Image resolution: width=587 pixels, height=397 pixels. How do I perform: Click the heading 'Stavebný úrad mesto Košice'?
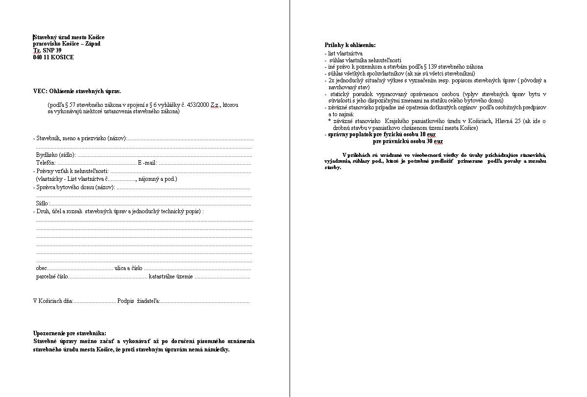69,37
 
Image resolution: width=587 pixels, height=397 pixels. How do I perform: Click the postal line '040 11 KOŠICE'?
53,57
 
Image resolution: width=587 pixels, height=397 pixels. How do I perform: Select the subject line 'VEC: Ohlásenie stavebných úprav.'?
77,91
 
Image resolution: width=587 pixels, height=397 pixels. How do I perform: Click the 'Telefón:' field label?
46,163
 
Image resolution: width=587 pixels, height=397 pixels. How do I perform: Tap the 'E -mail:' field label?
147,163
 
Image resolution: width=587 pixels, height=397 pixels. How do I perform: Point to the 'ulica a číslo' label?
128,268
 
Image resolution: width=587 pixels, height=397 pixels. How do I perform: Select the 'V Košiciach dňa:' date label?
53,301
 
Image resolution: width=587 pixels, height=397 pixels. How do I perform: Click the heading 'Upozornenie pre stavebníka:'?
70,333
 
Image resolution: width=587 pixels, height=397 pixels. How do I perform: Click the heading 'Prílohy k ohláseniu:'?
350,45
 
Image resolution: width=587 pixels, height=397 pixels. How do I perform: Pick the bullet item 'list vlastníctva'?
345,53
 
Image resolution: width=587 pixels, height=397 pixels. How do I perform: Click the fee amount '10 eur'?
428,134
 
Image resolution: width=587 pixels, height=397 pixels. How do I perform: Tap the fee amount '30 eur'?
435,141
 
